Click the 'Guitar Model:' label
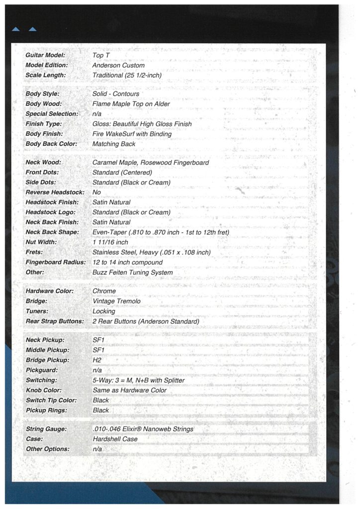point(45,55)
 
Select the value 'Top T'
point(101,55)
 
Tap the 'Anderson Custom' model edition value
point(118,65)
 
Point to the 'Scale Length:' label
point(45,75)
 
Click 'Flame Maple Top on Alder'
point(131,104)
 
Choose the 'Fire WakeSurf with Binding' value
point(132,134)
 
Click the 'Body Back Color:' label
point(51,144)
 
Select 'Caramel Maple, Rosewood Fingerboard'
point(151,163)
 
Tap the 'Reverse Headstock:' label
point(55,192)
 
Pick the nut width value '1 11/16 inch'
point(110,242)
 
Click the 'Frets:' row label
point(35,252)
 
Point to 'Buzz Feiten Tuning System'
point(132,272)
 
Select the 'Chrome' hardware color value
point(104,291)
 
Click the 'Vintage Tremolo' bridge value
point(116,301)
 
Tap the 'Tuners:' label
point(37,311)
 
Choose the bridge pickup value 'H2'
point(97,360)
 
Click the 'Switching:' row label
point(41,380)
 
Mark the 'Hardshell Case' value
point(115,439)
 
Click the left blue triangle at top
point(15,29)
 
